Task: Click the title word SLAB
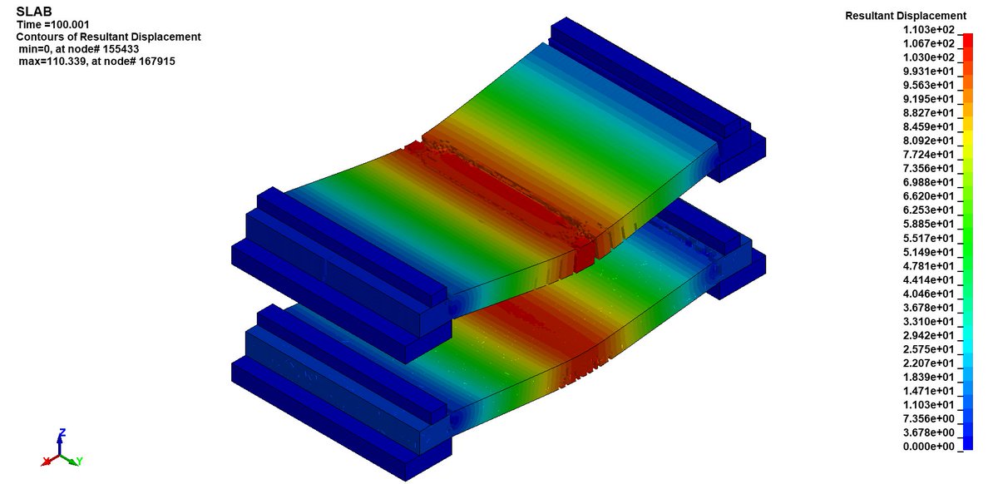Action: [x=34, y=12]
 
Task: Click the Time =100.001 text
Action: [x=53, y=24]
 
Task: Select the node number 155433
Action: [x=120, y=48]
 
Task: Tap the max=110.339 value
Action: [x=52, y=61]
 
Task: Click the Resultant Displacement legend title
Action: [x=906, y=16]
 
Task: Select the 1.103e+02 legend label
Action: [x=929, y=29]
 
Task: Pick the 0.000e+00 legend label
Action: [x=929, y=447]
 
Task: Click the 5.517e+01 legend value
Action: [x=929, y=238]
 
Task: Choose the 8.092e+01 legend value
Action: [x=929, y=141]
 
